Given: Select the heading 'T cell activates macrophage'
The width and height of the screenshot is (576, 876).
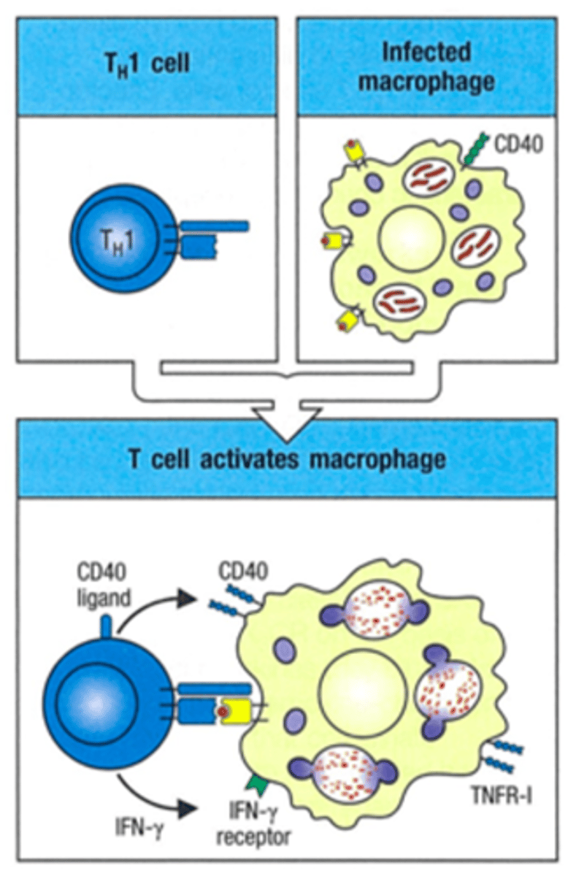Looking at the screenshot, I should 288,460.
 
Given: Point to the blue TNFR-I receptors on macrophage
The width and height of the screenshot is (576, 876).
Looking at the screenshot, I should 504,756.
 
